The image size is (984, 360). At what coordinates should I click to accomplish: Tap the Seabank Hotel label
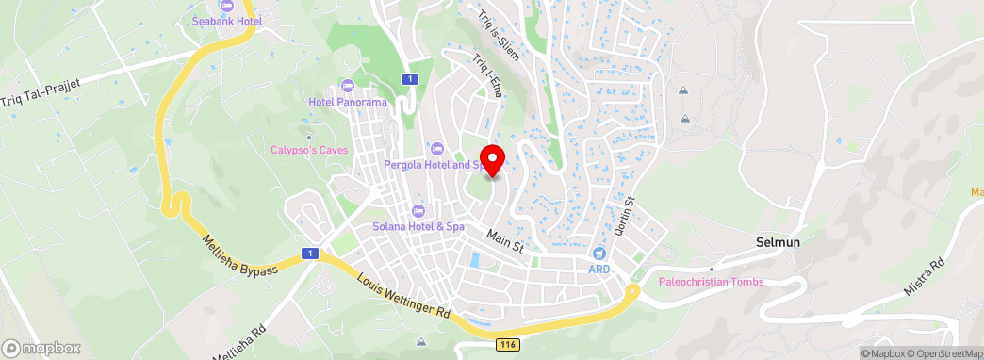point(226,20)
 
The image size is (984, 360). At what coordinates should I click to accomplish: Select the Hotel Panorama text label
point(348,102)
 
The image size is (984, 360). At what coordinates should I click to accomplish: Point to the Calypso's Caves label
point(309,150)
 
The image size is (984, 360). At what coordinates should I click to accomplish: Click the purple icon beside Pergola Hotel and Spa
point(436,148)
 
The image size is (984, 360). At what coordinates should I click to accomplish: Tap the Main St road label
point(504,240)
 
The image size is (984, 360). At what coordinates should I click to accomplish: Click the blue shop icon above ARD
point(599,254)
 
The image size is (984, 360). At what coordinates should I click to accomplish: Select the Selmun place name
point(778,242)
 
